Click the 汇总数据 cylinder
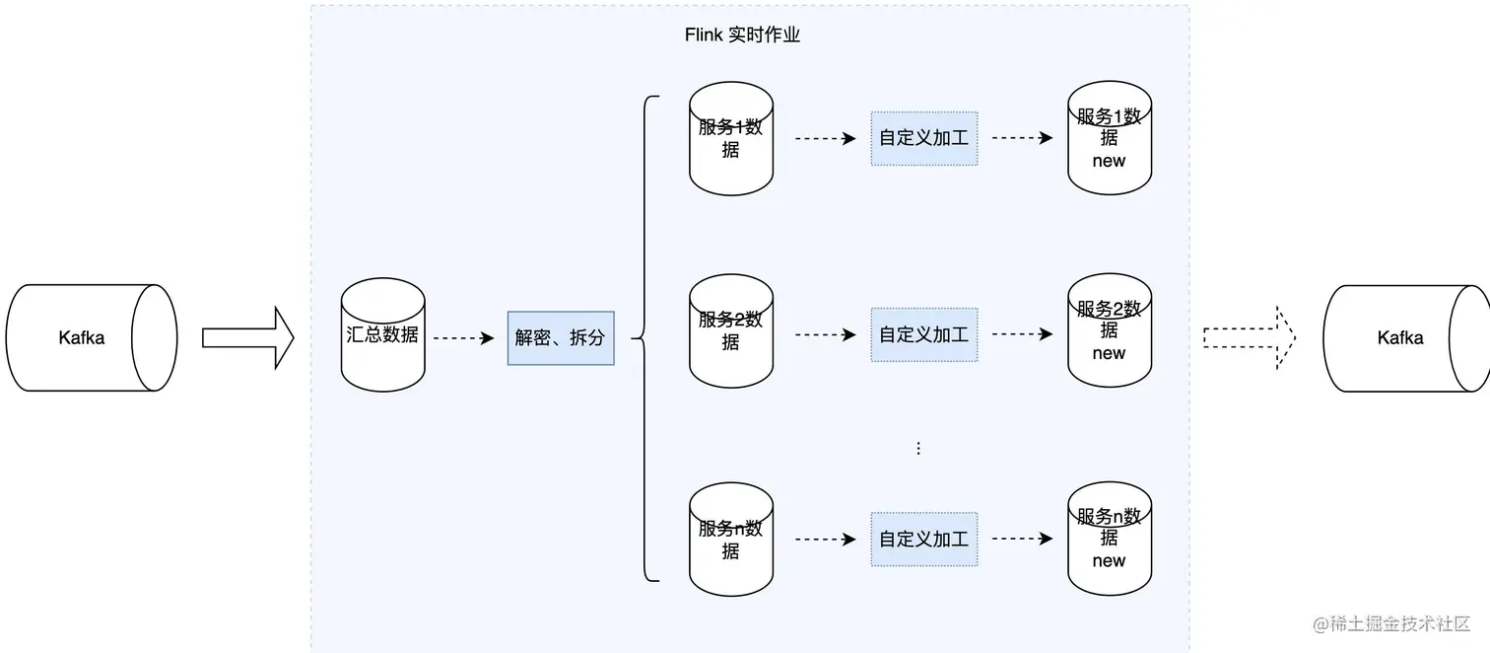[382, 335]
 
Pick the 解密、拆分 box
[561, 338]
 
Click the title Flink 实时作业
[742, 36]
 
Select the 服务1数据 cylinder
[730, 139]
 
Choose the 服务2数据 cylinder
[730, 331]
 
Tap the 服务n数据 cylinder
[730, 540]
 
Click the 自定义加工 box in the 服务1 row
[923, 139]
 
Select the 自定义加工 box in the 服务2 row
[923, 334]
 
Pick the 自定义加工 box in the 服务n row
[923, 540]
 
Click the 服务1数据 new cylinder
[1109, 139]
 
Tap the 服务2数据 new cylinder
[1109, 331]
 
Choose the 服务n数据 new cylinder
[1109, 540]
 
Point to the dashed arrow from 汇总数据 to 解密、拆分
[463, 338]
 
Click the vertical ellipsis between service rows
[918, 449]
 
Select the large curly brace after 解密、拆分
[646, 338]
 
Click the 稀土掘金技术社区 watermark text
[1391, 624]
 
